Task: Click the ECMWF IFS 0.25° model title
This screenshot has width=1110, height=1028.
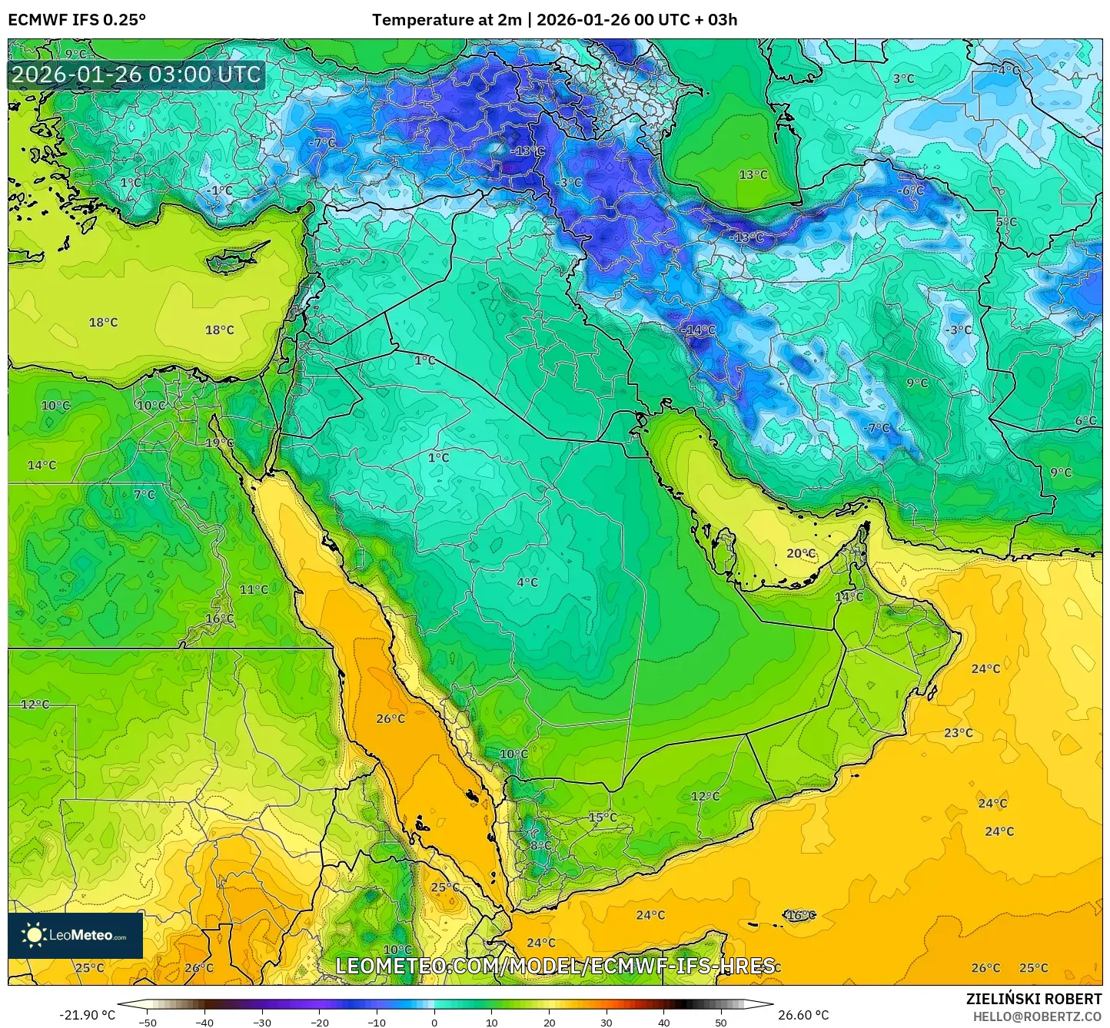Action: pos(77,20)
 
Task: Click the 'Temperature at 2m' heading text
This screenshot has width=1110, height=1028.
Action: pos(447,20)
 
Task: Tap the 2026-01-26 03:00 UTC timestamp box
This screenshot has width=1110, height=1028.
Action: pos(136,75)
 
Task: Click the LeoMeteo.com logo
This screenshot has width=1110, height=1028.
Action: pos(75,935)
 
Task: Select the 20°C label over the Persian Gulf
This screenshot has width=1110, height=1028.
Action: pos(800,553)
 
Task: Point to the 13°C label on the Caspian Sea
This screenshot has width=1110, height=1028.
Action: pos(753,174)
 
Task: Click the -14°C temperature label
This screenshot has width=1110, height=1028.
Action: pos(698,330)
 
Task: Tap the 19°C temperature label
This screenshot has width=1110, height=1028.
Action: pos(219,443)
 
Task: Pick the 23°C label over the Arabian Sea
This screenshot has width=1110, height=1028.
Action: pos(958,732)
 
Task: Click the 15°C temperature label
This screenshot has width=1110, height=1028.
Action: pos(602,817)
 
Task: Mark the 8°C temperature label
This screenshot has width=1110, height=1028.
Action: pos(540,845)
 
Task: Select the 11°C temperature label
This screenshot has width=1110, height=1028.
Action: pos(254,589)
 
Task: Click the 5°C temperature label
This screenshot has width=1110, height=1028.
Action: pos(1006,221)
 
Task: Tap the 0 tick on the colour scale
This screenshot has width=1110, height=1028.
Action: pos(434,1021)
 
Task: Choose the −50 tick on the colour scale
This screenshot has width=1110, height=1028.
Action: pos(147,1021)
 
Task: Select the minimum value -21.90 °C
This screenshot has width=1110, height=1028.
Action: pos(87,1015)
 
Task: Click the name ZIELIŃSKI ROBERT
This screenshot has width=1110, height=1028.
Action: pos(1033,999)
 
